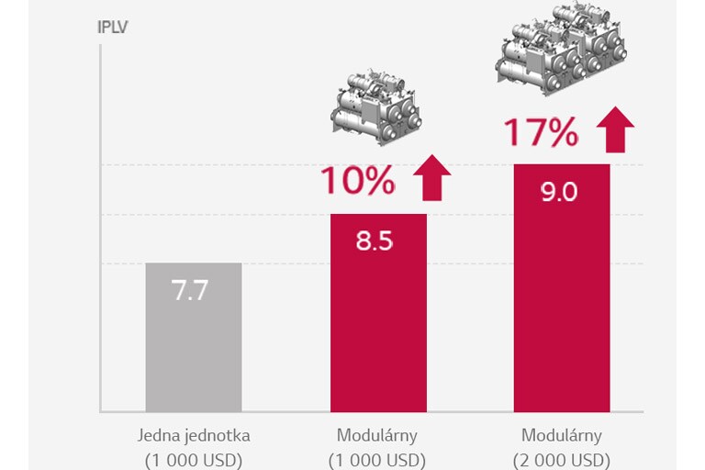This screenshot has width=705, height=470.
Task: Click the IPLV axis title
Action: pos(112,26)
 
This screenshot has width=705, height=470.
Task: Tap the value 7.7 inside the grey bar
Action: pos(190,291)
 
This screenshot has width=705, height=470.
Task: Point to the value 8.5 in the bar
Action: pos(375,241)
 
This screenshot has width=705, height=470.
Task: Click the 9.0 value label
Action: pos(559,193)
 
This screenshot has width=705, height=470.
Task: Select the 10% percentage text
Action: pos(357,182)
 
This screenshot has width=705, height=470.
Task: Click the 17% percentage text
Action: pos(541,133)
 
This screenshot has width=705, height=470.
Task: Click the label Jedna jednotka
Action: pos(193,435)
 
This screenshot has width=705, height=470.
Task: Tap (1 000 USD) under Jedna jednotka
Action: pos(193,459)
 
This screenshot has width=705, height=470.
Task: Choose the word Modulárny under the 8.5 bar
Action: pos(378,435)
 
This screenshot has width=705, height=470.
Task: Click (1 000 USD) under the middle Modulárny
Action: pos(378,459)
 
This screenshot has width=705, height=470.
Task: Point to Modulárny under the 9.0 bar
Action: pos(562,435)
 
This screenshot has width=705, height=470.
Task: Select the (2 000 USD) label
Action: pos(562,459)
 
